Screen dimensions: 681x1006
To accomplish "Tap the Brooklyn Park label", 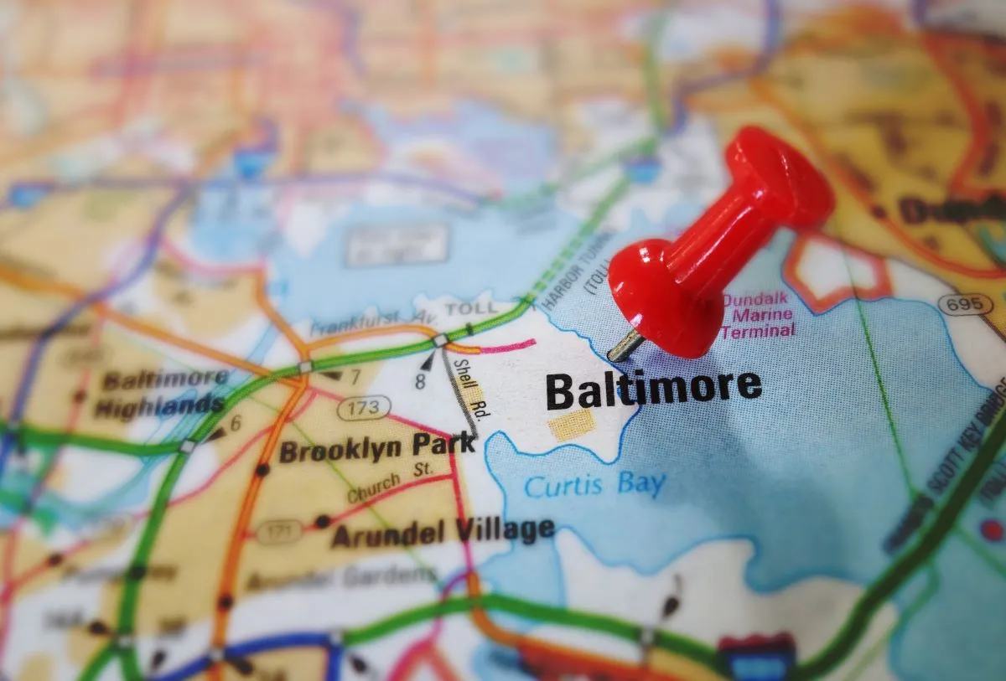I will pyautogui.click(x=376, y=449).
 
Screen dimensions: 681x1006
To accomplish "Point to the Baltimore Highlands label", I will pyautogui.click(x=161, y=393).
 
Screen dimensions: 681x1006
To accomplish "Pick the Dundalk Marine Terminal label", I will pyautogui.click(x=758, y=315).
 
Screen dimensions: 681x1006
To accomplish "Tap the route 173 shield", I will pyautogui.click(x=364, y=408).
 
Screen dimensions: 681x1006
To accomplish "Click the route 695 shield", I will pyautogui.click(x=966, y=305).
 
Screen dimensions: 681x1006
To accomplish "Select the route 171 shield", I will pyautogui.click(x=278, y=531).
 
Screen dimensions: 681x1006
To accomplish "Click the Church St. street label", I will pyautogui.click(x=389, y=485).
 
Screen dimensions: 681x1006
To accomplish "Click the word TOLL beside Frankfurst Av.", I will pyautogui.click(x=470, y=309).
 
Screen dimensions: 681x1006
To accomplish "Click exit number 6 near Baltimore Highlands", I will pyautogui.click(x=236, y=424).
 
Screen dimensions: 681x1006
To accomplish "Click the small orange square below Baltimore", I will pyautogui.click(x=572, y=425).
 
